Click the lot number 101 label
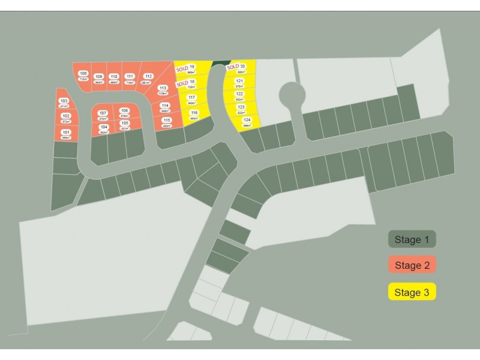(x=66, y=132)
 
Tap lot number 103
(x=64, y=101)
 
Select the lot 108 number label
(x=83, y=73)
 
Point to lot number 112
(x=148, y=76)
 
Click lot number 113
(x=163, y=88)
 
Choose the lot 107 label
(x=103, y=113)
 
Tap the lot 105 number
(x=125, y=123)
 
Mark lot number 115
(x=167, y=120)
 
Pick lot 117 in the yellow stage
(x=192, y=97)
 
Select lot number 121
(x=239, y=81)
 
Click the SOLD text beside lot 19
(x=182, y=68)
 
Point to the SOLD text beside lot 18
(x=182, y=83)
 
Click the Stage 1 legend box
(x=412, y=239)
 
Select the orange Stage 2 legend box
(x=412, y=265)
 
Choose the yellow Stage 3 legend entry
(x=412, y=292)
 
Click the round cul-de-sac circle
(x=292, y=94)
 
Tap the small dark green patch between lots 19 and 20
(x=221, y=62)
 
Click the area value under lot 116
(x=194, y=118)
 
